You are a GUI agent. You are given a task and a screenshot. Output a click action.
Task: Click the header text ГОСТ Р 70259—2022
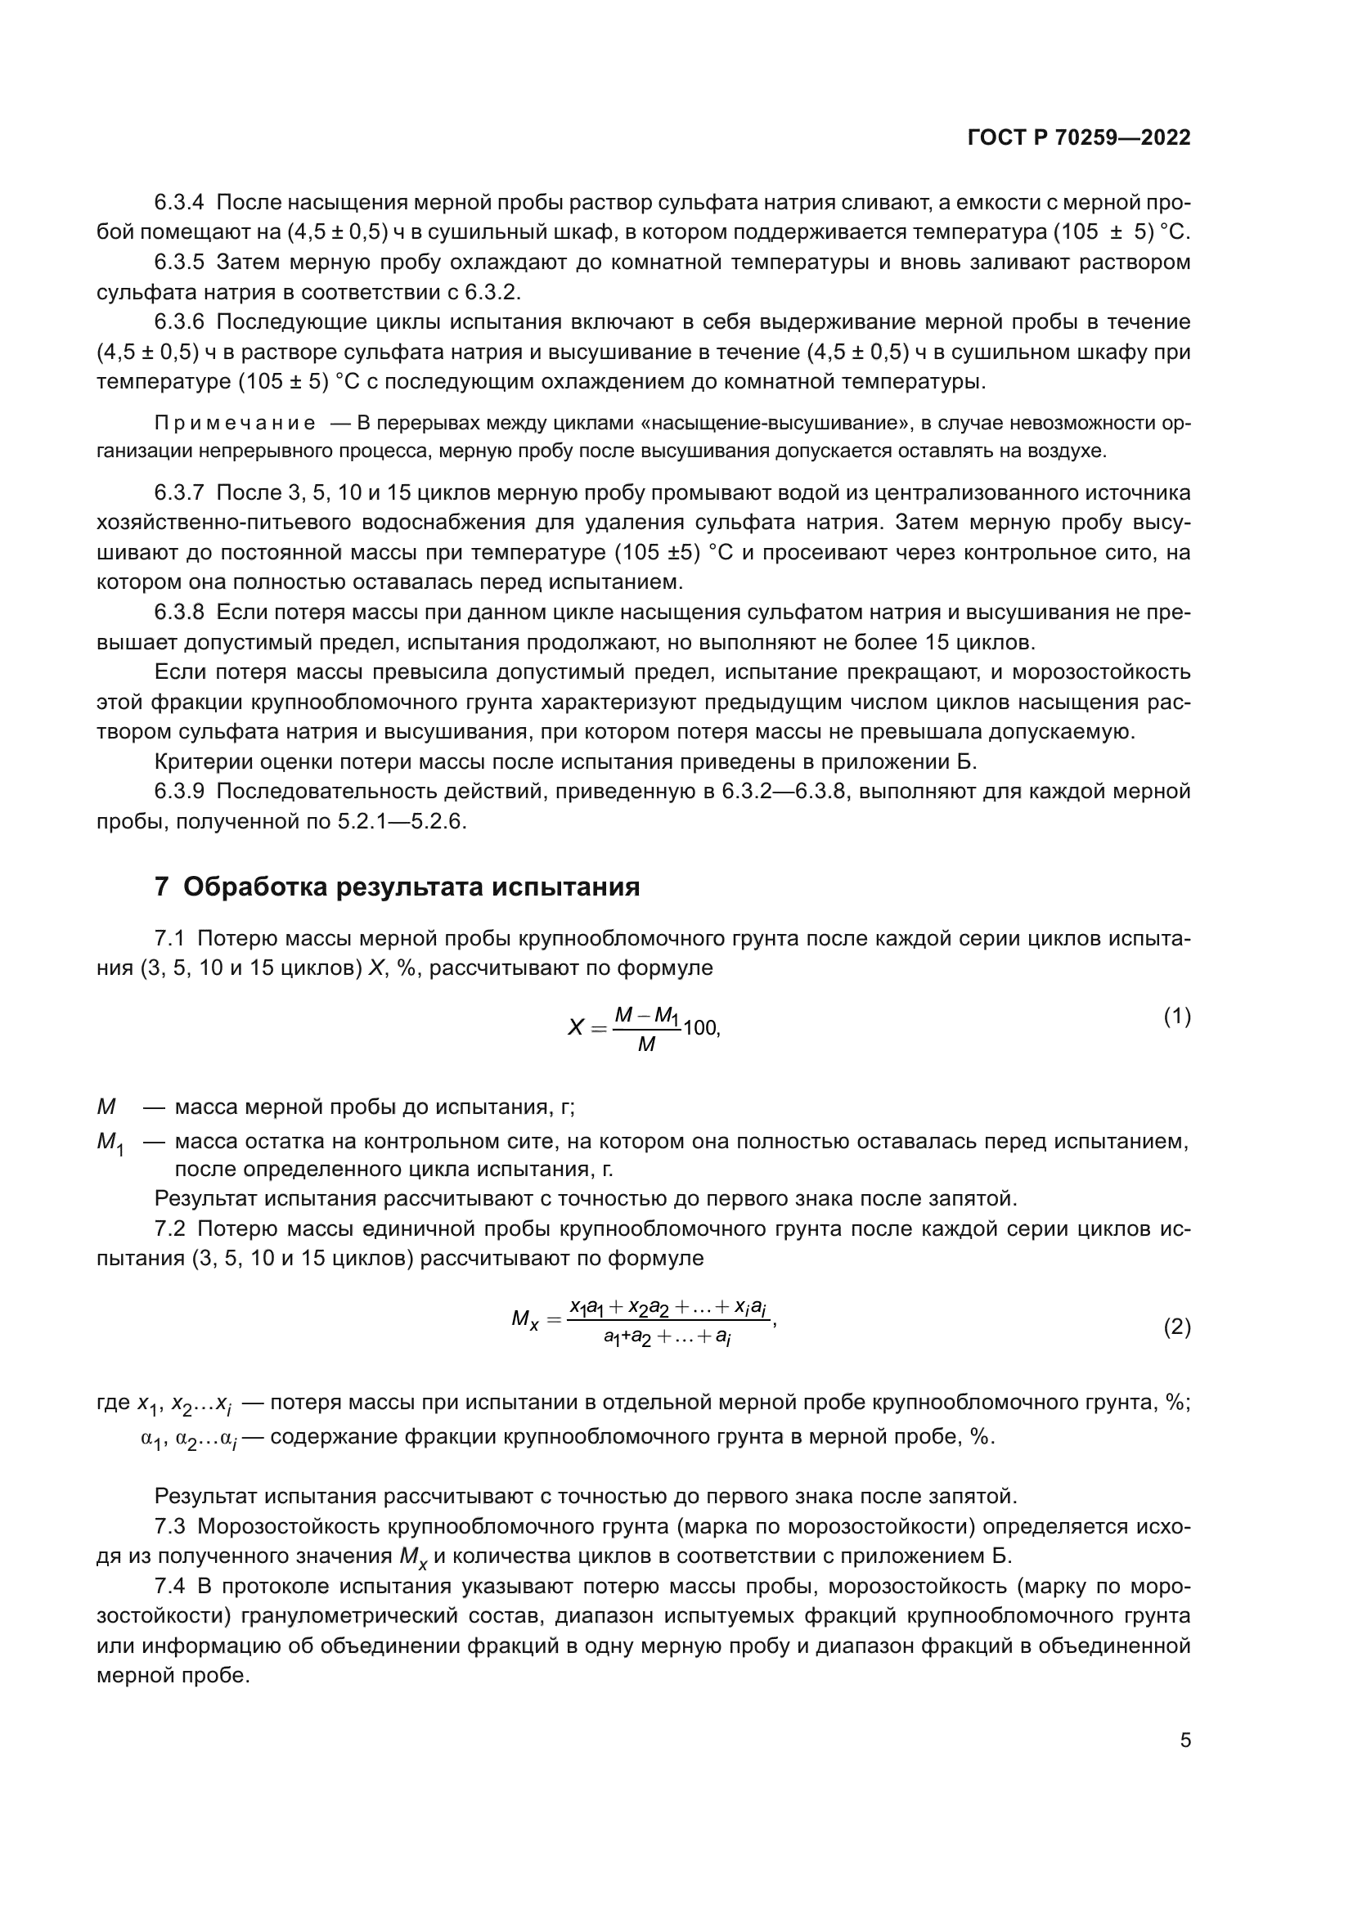click(1079, 138)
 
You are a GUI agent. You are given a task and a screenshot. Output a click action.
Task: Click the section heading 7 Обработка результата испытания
click(397, 887)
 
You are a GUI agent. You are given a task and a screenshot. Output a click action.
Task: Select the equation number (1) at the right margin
click(1176, 1016)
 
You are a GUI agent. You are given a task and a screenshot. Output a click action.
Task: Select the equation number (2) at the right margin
click(1176, 1327)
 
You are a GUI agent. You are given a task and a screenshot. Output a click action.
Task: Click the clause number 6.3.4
click(179, 203)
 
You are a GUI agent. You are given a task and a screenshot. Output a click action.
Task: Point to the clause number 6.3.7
click(179, 492)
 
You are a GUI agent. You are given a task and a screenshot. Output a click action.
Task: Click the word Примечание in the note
click(235, 424)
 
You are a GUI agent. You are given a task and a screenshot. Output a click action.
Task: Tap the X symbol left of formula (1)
click(576, 1028)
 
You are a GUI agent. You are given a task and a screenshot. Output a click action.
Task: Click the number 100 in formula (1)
click(700, 1028)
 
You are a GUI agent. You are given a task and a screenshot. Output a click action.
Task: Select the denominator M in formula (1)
click(646, 1044)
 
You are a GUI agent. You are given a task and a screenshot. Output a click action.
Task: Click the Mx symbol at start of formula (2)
click(526, 1320)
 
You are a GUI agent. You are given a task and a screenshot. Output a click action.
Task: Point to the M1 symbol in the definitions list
click(110, 1143)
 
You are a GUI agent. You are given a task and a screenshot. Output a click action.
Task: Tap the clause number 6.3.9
click(179, 792)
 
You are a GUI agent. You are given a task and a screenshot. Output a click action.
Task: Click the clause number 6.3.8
click(179, 613)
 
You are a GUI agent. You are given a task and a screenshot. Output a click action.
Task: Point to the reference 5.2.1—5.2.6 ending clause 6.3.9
click(402, 821)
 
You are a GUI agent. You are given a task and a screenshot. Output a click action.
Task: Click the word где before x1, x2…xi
click(114, 1403)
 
